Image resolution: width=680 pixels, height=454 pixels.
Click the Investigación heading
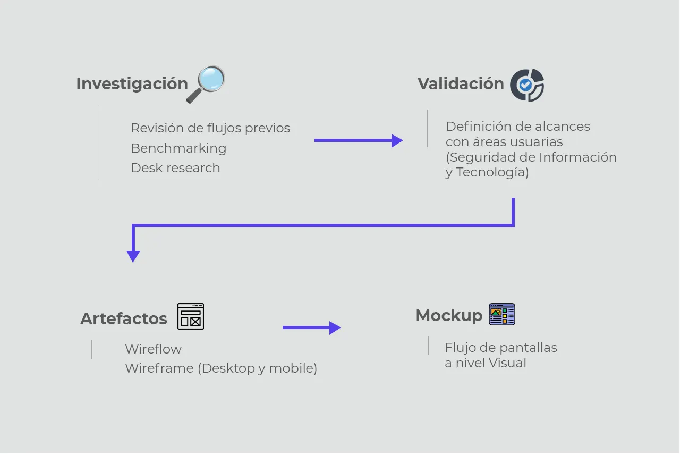(132, 84)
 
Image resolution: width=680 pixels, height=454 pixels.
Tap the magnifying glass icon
(206, 84)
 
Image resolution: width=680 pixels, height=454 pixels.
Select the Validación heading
(461, 84)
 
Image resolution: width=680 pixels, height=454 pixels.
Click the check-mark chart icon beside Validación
(527, 85)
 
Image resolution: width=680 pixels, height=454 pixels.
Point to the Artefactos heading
(124, 319)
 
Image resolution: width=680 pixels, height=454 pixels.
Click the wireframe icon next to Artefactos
(191, 316)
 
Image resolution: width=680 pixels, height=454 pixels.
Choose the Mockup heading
(449, 316)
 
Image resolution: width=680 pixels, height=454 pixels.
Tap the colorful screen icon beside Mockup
(502, 314)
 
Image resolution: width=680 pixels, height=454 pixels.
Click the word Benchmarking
(178, 148)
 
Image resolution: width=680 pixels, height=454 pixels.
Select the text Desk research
(175, 168)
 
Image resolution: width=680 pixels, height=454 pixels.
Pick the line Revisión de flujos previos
(210, 128)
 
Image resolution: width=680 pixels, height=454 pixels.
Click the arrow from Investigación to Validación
(359, 140)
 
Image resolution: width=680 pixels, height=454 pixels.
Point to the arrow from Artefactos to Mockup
(311, 327)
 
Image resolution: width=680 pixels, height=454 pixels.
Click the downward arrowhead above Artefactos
(133, 256)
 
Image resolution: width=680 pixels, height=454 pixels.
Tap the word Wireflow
(154, 349)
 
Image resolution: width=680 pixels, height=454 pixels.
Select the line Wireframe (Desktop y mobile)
(221, 368)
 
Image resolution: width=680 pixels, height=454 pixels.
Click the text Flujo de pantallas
(501, 348)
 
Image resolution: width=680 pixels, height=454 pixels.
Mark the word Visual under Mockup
(507, 364)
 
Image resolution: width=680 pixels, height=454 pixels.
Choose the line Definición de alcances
(518, 127)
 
